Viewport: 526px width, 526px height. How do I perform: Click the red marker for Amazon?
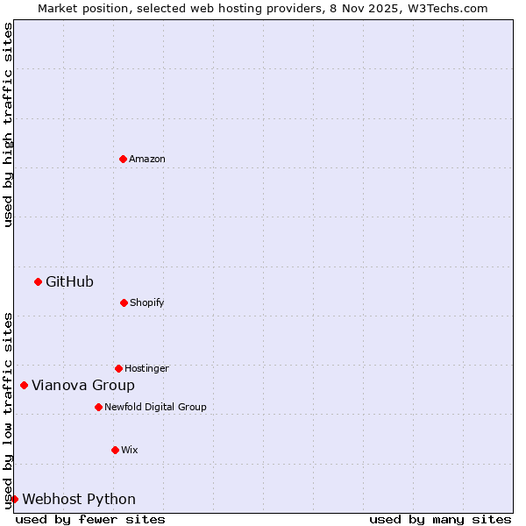123,159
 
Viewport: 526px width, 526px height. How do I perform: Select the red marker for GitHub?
38,281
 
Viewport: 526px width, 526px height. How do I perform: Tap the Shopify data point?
124,302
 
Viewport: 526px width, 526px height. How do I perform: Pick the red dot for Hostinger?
118,368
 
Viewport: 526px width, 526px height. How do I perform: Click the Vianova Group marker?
24,385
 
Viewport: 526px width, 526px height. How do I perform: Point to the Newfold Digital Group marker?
98,407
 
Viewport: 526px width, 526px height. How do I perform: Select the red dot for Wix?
115,450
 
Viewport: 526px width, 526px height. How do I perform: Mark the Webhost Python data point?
14,499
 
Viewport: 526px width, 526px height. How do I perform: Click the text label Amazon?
147,159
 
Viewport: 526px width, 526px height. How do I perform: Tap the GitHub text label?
69,281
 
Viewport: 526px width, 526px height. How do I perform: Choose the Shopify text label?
147,302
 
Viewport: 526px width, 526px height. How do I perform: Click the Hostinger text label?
146,368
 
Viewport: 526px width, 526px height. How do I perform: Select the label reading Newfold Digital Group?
155,407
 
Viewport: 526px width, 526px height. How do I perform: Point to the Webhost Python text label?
79,499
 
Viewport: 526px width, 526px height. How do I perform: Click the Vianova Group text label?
83,385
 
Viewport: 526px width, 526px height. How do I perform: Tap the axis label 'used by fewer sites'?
90,519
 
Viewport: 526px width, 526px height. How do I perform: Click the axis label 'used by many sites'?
440,519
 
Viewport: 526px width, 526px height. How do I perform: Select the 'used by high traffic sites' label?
8,124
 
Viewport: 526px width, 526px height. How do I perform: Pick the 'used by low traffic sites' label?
8,409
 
